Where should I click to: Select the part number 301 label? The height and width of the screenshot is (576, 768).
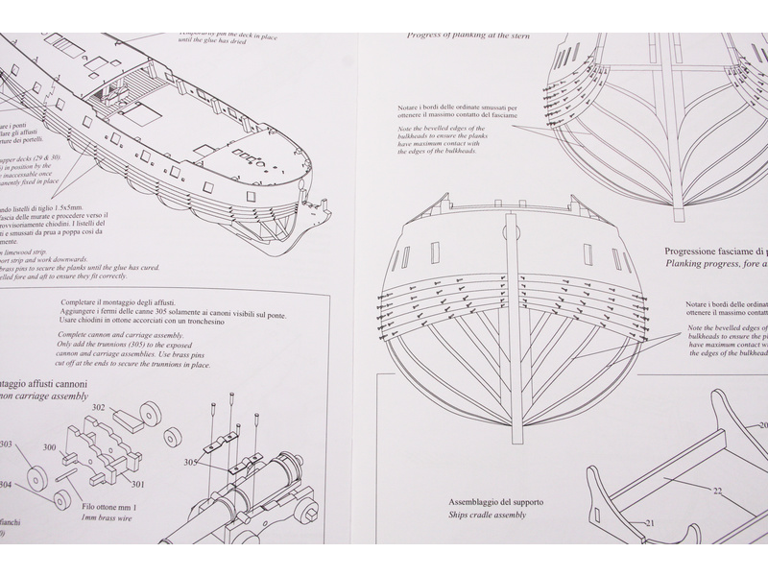click(x=138, y=484)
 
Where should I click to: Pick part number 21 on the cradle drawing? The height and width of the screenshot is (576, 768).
click(x=649, y=522)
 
